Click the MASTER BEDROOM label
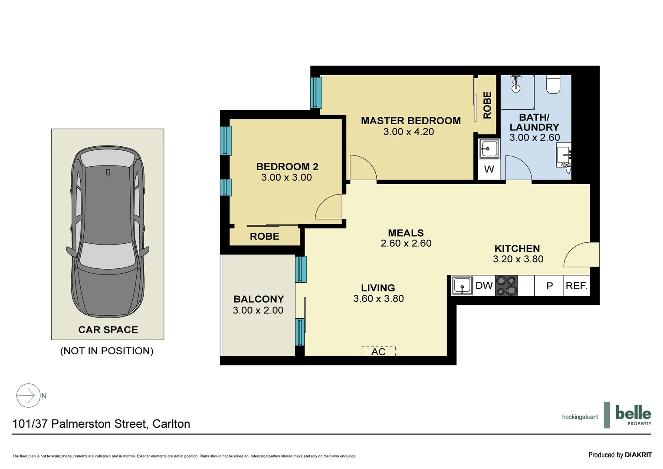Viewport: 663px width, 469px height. pos(410,121)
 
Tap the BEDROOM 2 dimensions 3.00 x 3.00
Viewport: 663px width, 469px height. pos(286,177)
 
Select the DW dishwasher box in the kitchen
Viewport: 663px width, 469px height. pos(484,286)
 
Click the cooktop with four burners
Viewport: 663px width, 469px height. pos(506,286)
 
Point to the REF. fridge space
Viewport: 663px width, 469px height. pos(576,286)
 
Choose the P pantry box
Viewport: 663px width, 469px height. pos(549,286)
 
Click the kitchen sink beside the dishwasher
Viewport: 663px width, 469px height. pos(462,286)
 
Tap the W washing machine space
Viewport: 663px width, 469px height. pos(489,169)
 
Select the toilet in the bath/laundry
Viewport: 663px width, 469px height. pos(553,84)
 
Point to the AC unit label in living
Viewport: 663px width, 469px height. pos(378,351)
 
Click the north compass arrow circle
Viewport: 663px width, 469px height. pos(28,396)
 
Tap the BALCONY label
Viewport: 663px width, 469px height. pos(258,299)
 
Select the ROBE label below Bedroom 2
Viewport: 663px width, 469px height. pos(264,236)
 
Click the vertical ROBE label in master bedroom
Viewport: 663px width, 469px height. pos(487,105)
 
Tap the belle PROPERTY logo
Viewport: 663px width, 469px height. pos(633,415)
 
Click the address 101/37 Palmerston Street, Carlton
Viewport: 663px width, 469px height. pos(101,424)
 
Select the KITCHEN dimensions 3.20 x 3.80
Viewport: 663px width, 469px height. pos(518,259)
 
